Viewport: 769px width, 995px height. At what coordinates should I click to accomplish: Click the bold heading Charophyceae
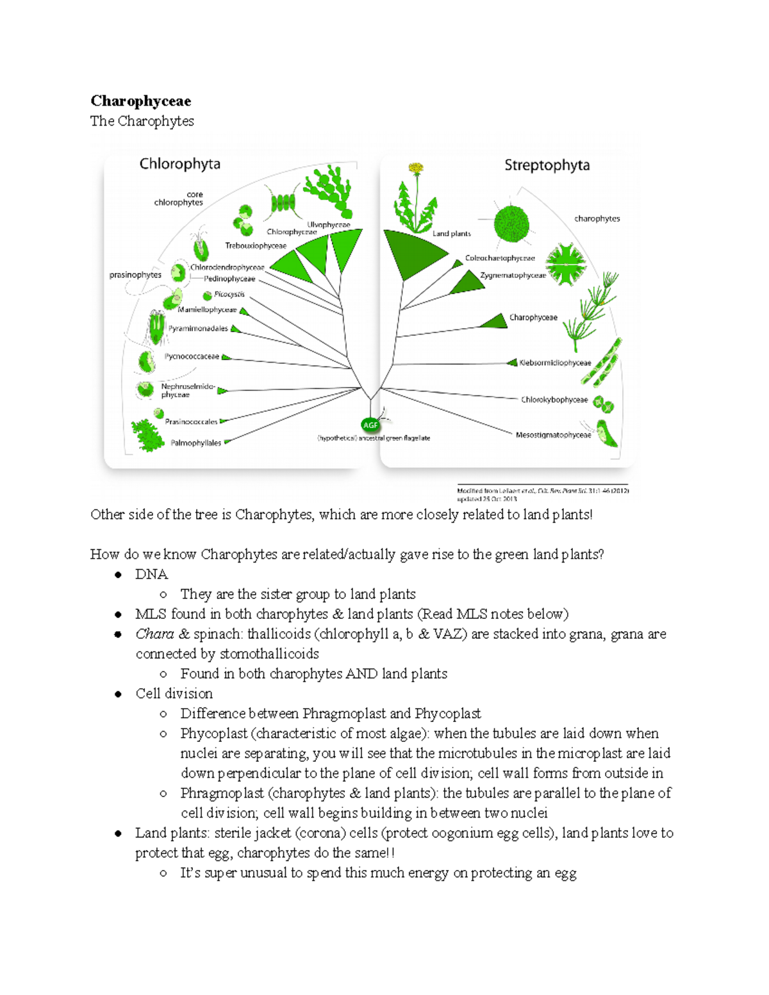click(140, 101)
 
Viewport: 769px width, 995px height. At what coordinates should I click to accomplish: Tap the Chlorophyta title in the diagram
click(179, 164)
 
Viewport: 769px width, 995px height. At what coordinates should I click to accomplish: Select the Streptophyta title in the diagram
click(547, 165)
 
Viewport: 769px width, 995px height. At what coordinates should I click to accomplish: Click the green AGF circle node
click(370, 425)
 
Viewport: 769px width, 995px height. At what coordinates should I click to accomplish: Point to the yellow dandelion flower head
click(417, 169)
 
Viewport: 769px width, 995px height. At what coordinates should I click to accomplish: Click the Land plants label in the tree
click(451, 234)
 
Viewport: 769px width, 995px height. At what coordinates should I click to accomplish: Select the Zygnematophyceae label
click(513, 275)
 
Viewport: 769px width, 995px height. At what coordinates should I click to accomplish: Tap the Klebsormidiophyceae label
click(555, 363)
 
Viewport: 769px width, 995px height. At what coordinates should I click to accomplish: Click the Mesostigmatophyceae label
click(553, 435)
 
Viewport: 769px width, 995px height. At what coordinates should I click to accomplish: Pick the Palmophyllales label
click(195, 443)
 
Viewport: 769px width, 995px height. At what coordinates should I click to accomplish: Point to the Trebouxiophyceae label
click(255, 246)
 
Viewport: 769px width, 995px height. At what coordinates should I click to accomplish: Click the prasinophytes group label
click(135, 275)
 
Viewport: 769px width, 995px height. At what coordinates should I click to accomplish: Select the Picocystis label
click(229, 295)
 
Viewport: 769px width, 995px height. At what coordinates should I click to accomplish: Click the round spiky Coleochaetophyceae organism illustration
click(511, 224)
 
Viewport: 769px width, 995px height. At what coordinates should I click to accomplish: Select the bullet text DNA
click(151, 575)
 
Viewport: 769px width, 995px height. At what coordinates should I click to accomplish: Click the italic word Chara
click(154, 634)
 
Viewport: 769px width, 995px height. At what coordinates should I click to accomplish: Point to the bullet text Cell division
click(174, 694)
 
